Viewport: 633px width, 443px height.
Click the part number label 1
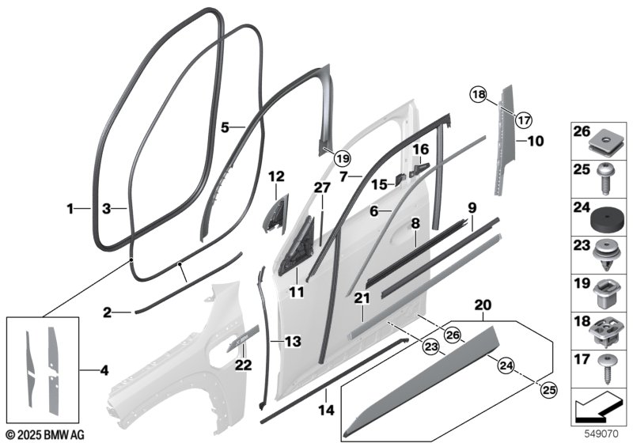[71, 209]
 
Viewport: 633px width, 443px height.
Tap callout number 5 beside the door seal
[225, 127]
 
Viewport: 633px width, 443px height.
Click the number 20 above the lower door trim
[482, 304]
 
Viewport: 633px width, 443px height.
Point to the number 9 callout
[472, 207]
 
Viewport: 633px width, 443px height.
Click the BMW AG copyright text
[46, 434]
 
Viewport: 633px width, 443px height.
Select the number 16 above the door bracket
[420, 149]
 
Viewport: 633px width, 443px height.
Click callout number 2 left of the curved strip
[108, 313]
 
